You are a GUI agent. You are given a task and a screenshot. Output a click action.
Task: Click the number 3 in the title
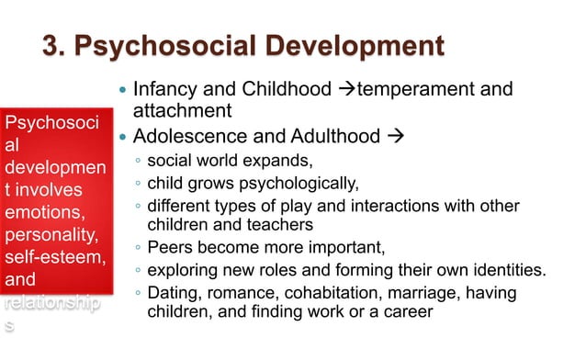tap(51, 46)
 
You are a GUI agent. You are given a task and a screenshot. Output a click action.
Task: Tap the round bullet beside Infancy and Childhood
tap(124, 91)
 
